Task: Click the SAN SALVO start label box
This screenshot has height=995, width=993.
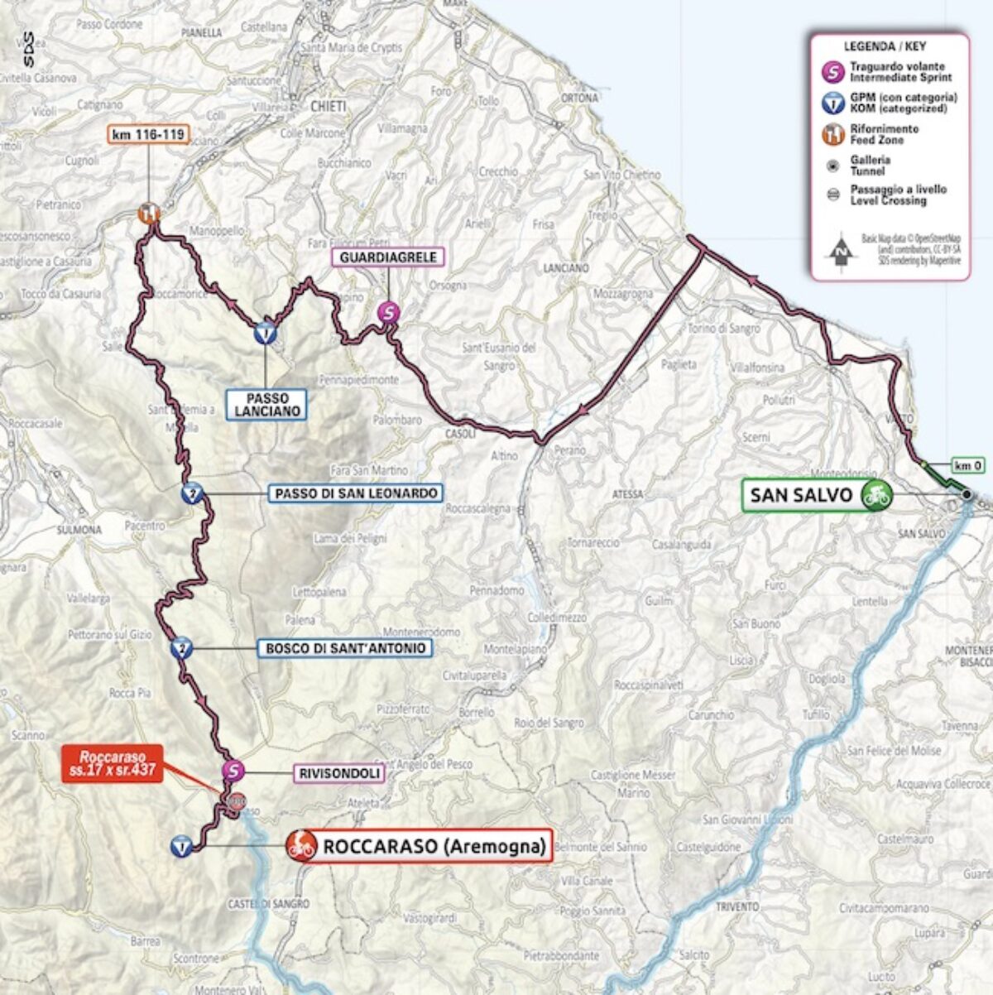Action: (800, 495)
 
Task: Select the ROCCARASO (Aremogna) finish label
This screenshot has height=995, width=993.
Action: (434, 846)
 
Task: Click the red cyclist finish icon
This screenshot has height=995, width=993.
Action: (301, 846)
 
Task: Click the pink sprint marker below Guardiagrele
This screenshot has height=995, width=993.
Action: (388, 312)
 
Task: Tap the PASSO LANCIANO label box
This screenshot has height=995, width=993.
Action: (266, 404)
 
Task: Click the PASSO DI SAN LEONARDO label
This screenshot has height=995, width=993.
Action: (356, 493)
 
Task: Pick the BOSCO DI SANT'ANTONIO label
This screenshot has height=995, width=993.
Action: (345, 648)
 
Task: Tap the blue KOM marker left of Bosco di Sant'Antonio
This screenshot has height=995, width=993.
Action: (180, 649)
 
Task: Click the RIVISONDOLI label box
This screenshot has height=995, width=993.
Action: (339, 773)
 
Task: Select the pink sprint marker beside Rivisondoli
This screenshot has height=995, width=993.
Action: (234, 771)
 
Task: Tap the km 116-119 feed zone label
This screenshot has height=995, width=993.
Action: (149, 134)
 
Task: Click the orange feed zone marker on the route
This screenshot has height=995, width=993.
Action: (149, 214)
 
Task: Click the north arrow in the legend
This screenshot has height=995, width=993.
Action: (841, 251)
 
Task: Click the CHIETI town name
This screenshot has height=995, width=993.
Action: (328, 106)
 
